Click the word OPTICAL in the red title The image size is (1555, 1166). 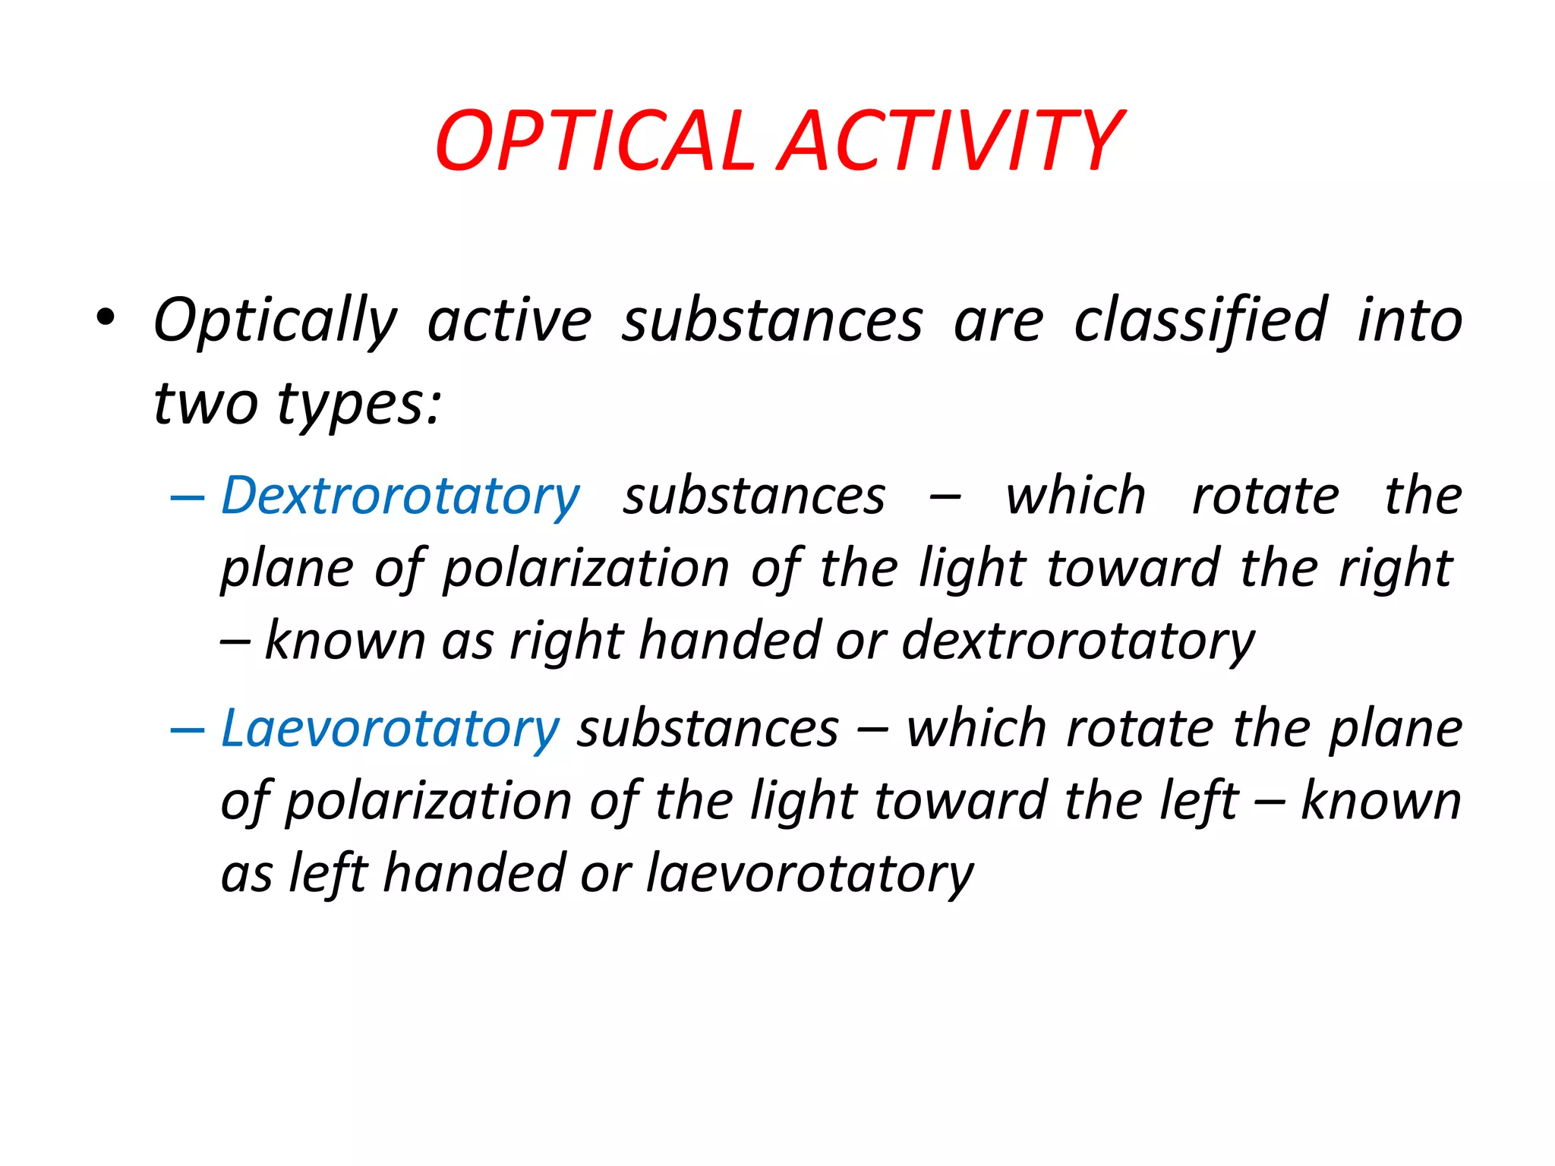click(x=595, y=142)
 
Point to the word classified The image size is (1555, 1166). click(x=1200, y=320)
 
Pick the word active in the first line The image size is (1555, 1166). click(x=509, y=320)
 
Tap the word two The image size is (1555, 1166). click(x=206, y=403)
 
